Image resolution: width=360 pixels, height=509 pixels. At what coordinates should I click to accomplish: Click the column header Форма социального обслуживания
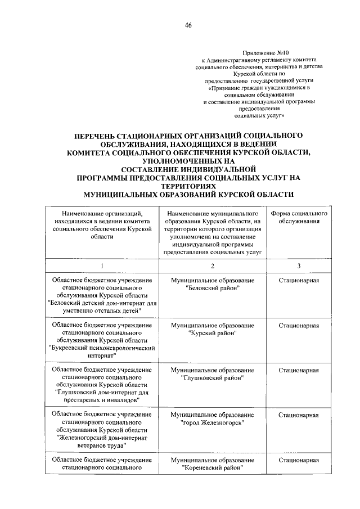coord(299,218)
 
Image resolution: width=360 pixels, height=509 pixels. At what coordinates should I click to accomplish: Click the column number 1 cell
coord(102,265)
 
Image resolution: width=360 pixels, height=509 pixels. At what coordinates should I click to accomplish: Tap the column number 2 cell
coord(212,265)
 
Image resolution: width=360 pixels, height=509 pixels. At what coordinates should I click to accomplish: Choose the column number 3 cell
coord(299,265)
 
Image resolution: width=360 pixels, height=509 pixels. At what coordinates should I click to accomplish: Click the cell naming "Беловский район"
coord(212,284)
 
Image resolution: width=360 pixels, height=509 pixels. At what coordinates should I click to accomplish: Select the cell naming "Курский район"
coord(212,329)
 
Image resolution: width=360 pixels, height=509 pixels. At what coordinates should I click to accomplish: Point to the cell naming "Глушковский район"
coord(212,374)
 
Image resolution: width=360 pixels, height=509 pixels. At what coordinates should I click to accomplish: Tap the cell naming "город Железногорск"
coord(212,419)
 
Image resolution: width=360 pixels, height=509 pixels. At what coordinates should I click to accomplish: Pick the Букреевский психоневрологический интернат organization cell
coord(102,340)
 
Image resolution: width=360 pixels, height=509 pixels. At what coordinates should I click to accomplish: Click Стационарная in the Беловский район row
coord(299,280)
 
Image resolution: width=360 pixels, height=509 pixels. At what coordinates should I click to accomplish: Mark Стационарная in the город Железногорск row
coord(299,415)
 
